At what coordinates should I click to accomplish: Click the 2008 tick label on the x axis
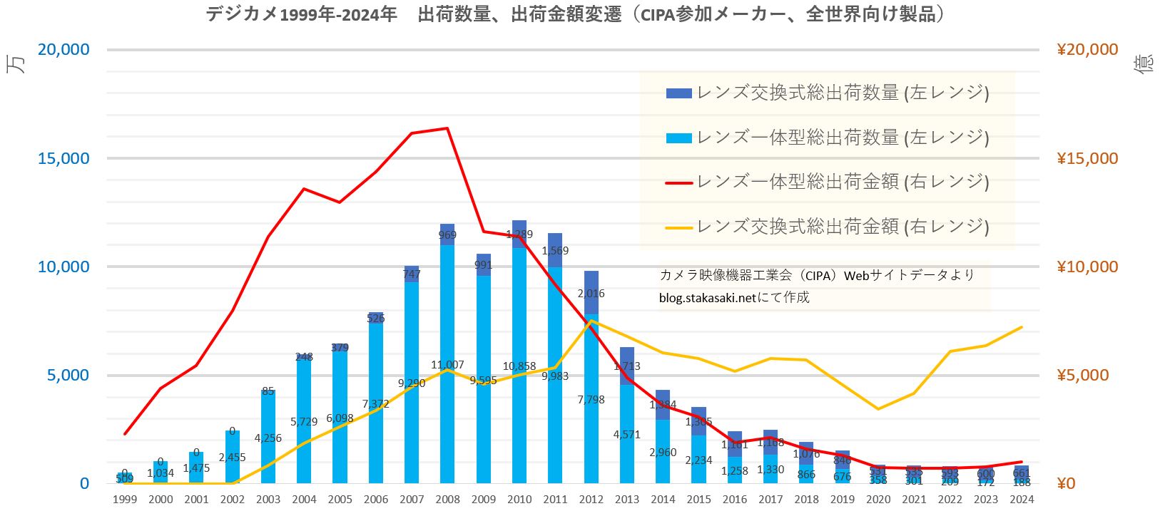tap(447, 500)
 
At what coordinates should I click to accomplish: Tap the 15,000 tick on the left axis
tap(64, 158)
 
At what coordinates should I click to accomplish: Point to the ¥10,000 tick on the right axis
tap(1087, 267)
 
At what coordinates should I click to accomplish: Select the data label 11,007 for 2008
tap(447, 365)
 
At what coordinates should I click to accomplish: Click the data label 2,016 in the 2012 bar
tap(591, 294)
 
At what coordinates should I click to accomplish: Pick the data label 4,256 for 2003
tap(268, 438)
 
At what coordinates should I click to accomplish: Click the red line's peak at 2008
tap(447, 128)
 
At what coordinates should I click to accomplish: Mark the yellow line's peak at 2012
tap(591, 321)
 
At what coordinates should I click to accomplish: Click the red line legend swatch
tap(678, 182)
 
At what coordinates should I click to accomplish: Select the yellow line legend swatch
tap(678, 227)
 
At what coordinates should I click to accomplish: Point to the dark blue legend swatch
tap(678, 93)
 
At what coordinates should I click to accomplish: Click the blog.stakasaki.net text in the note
tap(707, 298)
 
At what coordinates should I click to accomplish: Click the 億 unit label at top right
tap(1143, 64)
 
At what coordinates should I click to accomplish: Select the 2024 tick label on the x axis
tap(1022, 500)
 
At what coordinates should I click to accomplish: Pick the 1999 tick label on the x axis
tap(125, 500)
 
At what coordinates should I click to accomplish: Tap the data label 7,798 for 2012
tap(591, 400)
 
